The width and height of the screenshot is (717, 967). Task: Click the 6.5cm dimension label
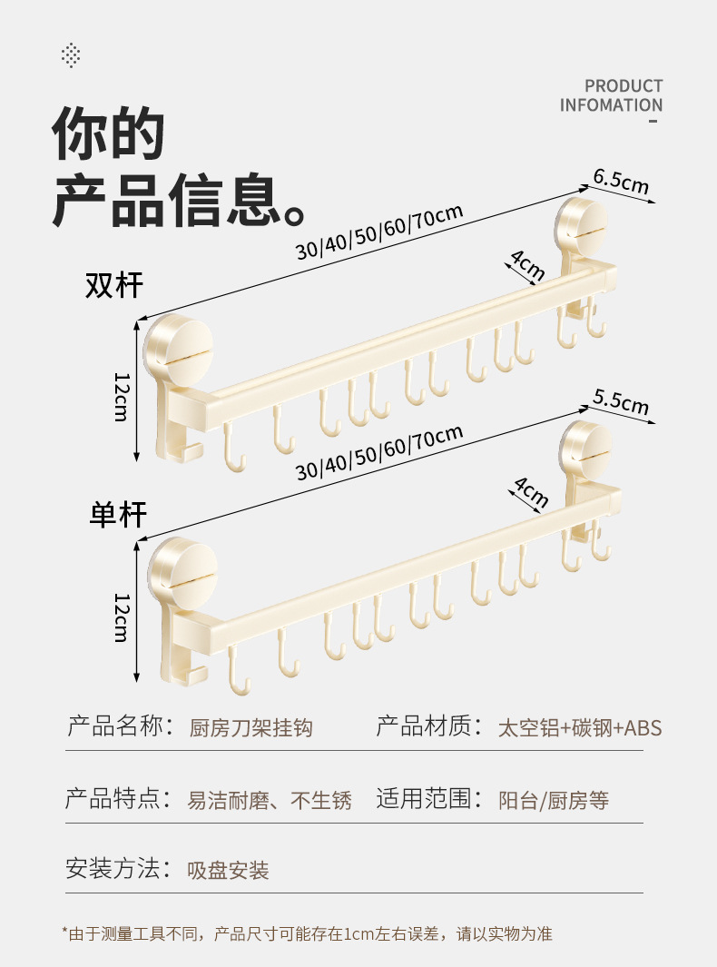click(622, 181)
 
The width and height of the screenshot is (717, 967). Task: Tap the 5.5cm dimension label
click(622, 401)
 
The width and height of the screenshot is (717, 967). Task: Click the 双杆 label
click(114, 284)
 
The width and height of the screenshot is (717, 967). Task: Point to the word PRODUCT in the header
click(624, 86)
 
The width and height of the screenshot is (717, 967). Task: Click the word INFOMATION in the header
click(611, 105)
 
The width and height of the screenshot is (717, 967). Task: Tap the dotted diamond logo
click(71, 55)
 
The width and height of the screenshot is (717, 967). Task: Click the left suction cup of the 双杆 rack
click(178, 349)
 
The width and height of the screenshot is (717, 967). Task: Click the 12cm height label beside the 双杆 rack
click(122, 396)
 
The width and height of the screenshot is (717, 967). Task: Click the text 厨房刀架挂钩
click(250, 728)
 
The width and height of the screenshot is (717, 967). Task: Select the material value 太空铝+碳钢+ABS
click(580, 728)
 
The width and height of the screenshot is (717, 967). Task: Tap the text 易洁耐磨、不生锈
click(269, 801)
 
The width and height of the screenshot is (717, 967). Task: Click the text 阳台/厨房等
click(554, 801)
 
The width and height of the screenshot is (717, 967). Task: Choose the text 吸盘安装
click(228, 871)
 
